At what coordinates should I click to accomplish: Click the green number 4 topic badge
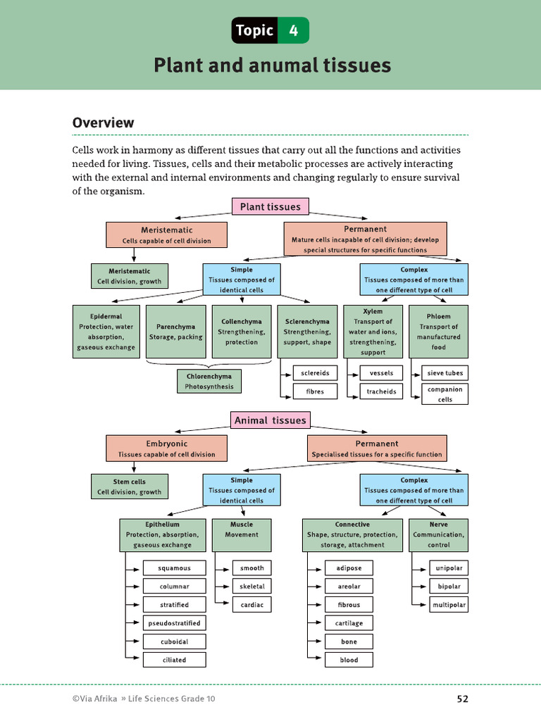click(x=293, y=31)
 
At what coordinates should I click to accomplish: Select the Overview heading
click(x=104, y=123)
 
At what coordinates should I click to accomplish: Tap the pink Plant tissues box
click(x=270, y=207)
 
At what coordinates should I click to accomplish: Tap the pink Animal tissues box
click(x=270, y=420)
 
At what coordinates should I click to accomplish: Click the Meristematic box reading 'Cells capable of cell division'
click(x=166, y=235)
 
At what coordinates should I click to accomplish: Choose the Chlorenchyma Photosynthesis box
click(x=209, y=381)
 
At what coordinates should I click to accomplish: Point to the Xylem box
click(x=373, y=332)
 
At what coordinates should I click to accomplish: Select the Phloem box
click(x=439, y=332)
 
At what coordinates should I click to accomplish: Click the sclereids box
click(x=315, y=372)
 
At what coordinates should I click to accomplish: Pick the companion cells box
click(x=445, y=394)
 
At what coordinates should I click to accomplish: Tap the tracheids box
click(x=381, y=391)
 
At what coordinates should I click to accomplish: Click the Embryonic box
click(x=166, y=449)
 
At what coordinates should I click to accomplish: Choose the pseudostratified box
click(x=174, y=623)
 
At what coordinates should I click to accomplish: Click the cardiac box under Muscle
click(x=251, y=605)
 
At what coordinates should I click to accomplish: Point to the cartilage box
click(x=349, y=623)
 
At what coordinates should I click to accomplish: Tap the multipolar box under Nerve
click(x=449, y=605)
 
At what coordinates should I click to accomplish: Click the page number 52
click(x=462, y=699)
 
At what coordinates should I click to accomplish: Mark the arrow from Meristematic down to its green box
click(x=133, y=255)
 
